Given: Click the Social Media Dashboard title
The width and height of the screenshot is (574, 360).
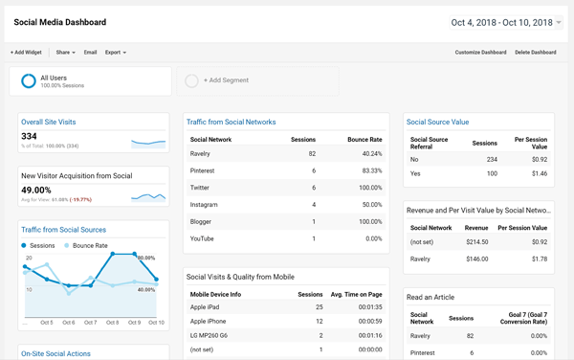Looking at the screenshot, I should point(59,22).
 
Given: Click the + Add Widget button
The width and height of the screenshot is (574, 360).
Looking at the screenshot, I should point(26,53).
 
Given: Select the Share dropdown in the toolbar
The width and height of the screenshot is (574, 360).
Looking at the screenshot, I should point(65,53).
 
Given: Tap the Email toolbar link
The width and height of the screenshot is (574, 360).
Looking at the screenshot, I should point(90,53).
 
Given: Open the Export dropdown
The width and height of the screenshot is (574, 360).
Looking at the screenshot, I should point(115,53).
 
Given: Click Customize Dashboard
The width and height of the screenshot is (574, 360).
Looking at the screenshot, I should point(480,53).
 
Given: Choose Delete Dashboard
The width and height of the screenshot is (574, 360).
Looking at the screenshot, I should point(535,53).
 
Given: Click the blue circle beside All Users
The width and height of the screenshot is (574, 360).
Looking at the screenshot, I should point(29,81).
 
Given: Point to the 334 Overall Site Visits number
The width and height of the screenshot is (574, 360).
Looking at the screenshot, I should point(30,137).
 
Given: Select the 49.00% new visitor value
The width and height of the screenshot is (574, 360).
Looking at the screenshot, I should point(36,190).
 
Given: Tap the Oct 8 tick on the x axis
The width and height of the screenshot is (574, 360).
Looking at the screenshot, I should point(113,323).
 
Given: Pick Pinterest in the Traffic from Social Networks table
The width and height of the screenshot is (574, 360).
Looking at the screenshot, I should point(204,170).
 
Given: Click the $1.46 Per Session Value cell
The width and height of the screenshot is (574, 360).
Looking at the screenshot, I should point(539,173).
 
